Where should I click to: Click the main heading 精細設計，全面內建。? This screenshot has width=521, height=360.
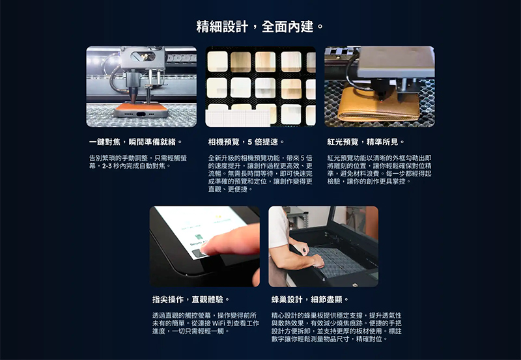click(x=260, y=27)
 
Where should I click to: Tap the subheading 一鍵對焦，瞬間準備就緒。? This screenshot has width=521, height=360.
click(x=136, y=142)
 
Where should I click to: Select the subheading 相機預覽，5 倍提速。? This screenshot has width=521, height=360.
click(x=246, y=142)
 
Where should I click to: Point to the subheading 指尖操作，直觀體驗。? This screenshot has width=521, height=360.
click(x=191, y=299)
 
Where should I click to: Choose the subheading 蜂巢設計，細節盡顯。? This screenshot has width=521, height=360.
click(x=310, y=299)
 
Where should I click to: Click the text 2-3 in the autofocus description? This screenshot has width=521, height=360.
click(x=106, y=166)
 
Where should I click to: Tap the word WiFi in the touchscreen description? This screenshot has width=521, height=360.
click(x=219, y=323)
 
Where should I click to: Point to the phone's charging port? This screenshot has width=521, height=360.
click(x=141, y=114)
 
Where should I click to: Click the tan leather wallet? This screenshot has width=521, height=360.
click(x=379, y=104)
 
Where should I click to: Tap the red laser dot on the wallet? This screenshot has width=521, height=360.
click(x=381, y=100)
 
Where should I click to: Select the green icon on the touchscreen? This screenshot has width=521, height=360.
click(x=199, y=236)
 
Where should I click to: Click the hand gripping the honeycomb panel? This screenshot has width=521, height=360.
click(x=317, y=261)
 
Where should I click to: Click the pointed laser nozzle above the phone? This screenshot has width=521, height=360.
click(x=133, y=95)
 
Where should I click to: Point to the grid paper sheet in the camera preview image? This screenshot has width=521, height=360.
click(x=238, y=118)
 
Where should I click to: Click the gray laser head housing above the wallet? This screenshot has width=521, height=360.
click(x=396, y=62)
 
